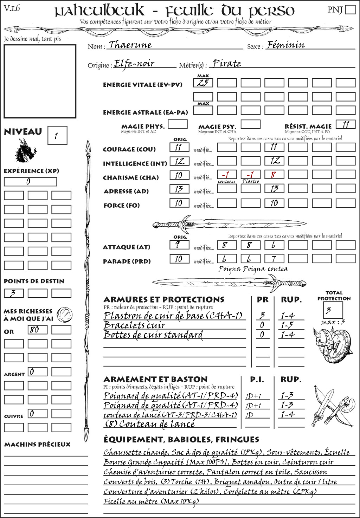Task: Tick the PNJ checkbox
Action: [x=350, y=9]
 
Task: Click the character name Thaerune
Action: [x=130, y=45]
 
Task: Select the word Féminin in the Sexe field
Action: [x=285, y=45]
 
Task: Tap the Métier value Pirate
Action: [x=227, y=64]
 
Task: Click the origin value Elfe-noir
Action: [x=134, y=64]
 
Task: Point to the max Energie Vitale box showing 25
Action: [x=203, y=83]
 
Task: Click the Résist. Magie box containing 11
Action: [x=345, y=124]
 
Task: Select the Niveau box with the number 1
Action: [x=57, y=136]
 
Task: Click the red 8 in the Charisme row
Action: [x=274, y=175]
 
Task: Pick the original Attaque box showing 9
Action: [x=179, y=245]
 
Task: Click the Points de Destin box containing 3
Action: [x=14, y=293]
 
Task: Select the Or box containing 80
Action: [x=38, y=330]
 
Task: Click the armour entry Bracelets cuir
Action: [x=135, y=325]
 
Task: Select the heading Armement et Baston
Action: [x=155, y=379]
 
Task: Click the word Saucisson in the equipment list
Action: [x=311, y=472]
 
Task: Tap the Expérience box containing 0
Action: [x=30, y=182]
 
